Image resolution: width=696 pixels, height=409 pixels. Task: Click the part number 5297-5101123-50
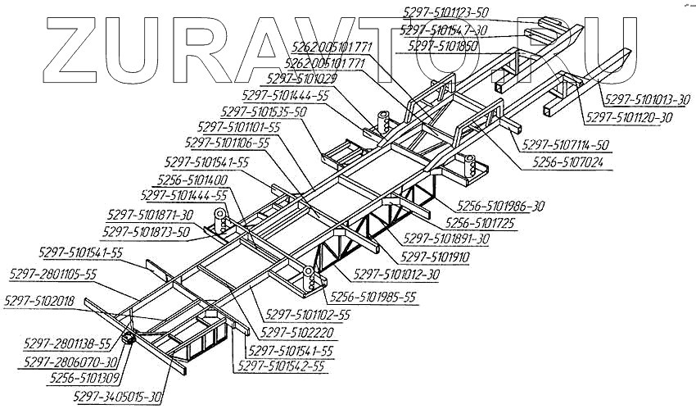pyautogui.click(x=446, y=11)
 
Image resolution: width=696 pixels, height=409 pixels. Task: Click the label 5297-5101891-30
pyautogui.click(x=447, y=239)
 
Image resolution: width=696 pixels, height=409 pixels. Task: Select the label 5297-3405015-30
pyautogui.click(x=118, y=397)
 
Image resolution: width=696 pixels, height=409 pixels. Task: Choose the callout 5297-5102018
pyautogui.click(x=38, y=302)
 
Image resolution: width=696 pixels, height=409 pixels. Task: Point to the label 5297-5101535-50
pyautogui.click(x=263, y=111)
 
